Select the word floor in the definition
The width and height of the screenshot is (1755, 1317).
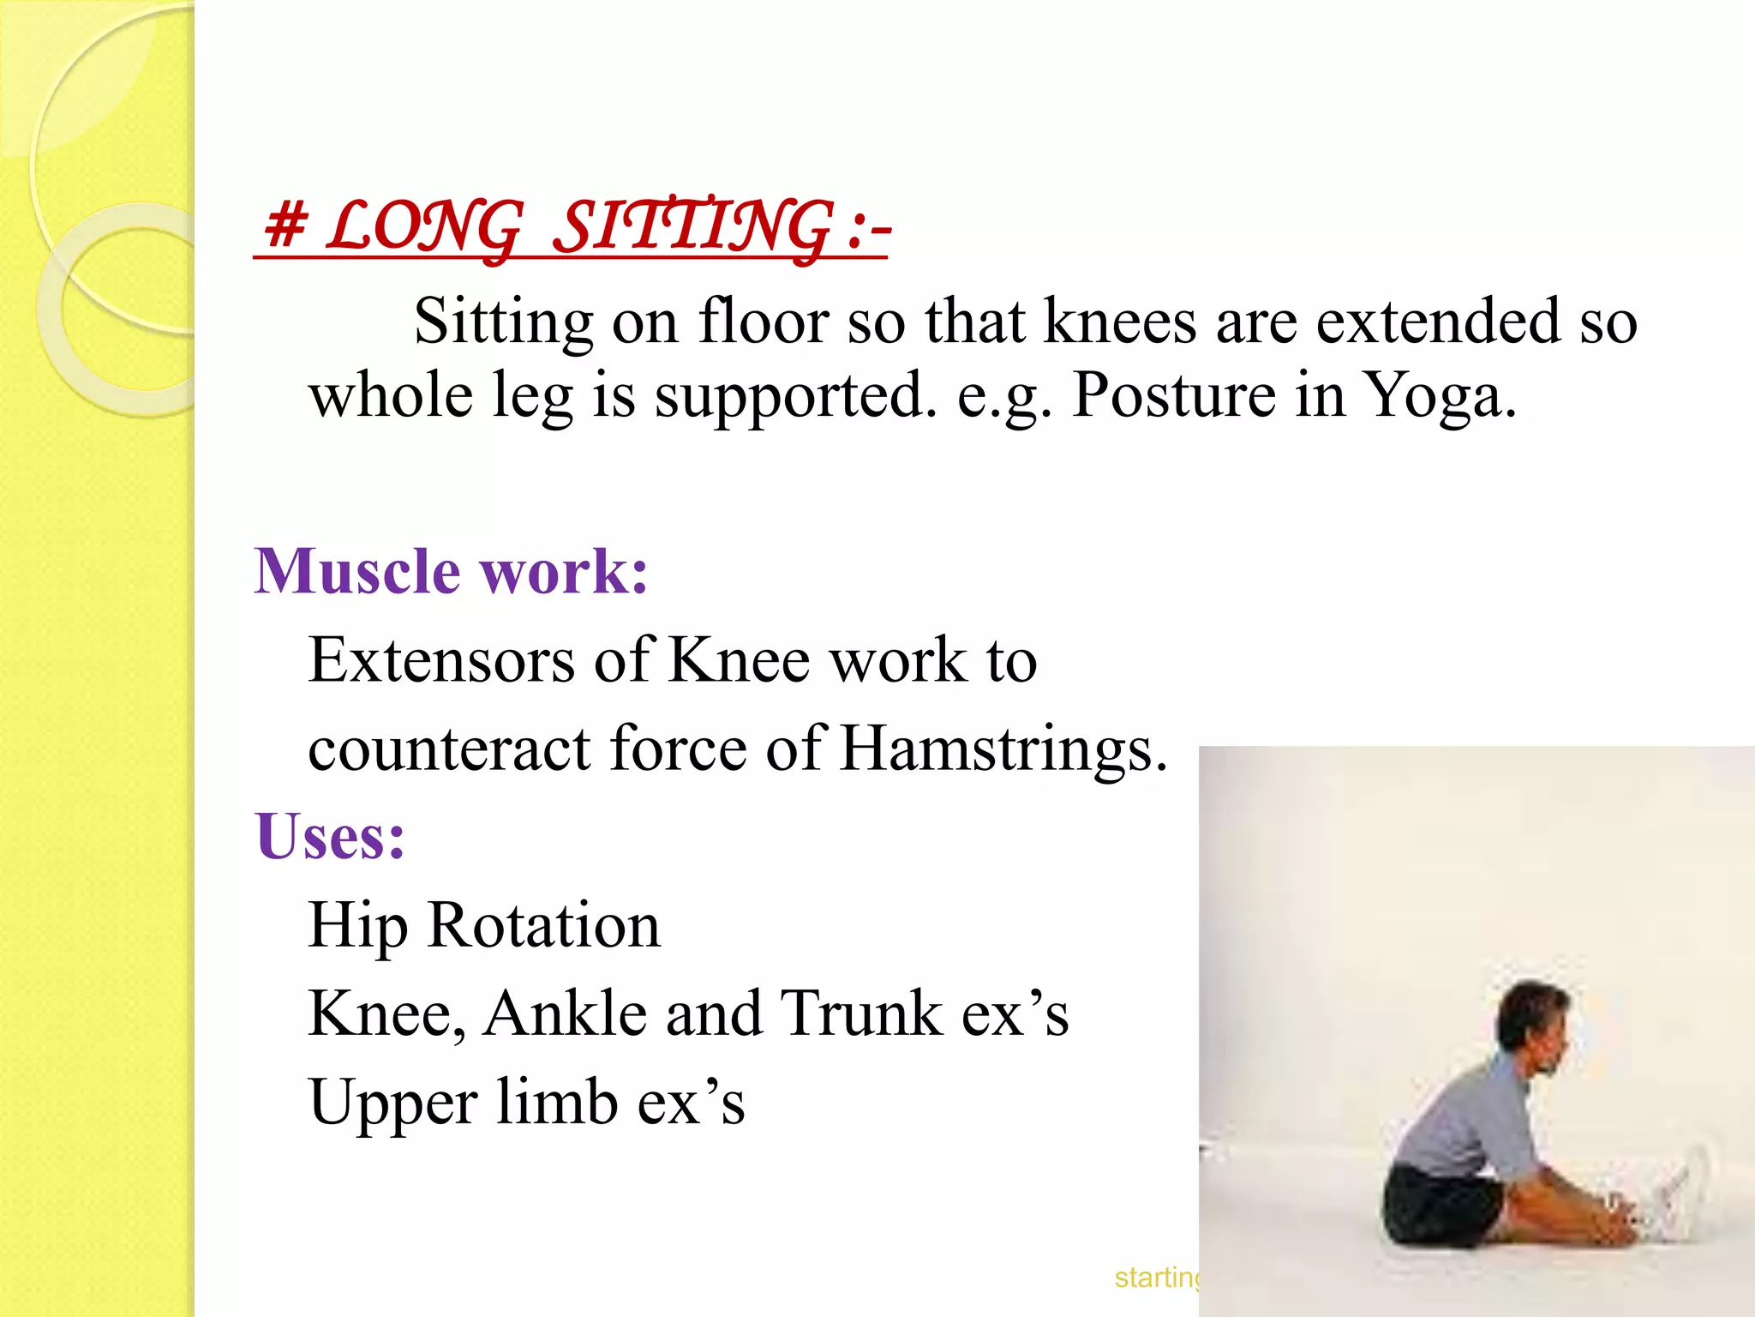(x=764, y=322)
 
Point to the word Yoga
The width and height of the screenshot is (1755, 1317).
(x=1439, y=396)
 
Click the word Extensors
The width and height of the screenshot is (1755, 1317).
(x=441, y=660)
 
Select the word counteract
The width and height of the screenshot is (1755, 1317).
(x=449, y=749)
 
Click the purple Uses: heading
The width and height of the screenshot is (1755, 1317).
(x=330, y=836)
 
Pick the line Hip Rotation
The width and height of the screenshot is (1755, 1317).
(x=484, y=925)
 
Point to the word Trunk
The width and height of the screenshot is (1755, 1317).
(x=860, y=1013)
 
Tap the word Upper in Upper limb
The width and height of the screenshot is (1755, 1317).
(x=392, y=1104)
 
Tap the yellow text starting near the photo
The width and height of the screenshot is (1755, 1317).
(x=1157, y=1278)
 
